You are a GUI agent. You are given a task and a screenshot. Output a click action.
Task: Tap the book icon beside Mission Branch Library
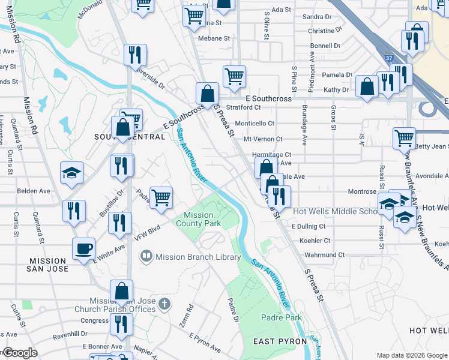click(145, 257)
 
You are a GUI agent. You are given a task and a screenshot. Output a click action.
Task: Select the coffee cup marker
click(83, 247)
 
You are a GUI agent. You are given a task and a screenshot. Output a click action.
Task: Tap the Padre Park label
click(282, 317)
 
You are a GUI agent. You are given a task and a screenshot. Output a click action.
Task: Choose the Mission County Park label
click(198, 219)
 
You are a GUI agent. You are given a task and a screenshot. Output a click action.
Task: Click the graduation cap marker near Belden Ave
click(71, 173)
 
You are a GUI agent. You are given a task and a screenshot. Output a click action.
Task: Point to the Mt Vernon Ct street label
click(262, 139)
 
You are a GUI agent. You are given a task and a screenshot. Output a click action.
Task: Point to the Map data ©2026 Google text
click(411, 355)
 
